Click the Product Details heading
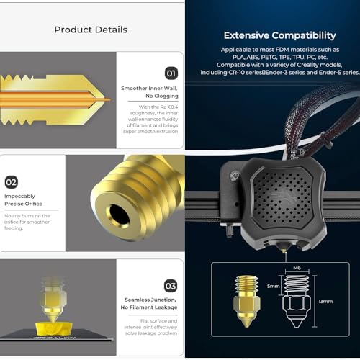pyautogui.click(x=91, y=30)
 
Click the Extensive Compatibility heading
pyautogui.click(x=279, y=35)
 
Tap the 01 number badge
pyautogui.click(x=171, y=73)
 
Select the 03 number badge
pyautogui.click(x=171, y=285)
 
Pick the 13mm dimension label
pyautogui.click(x=326, y=301)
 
